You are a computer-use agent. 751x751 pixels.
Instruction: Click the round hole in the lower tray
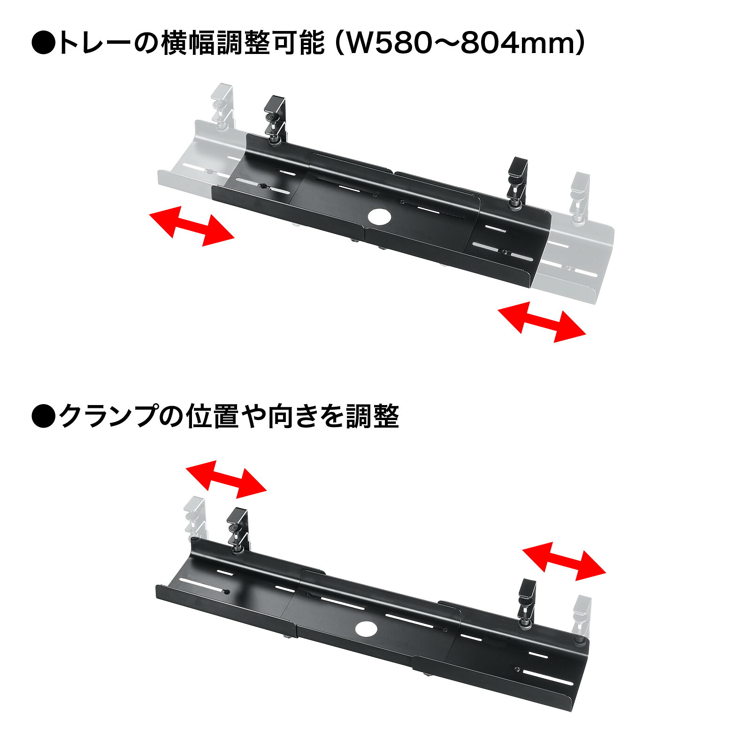[367, 628]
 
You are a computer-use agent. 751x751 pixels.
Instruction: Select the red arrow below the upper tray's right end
[542, 322]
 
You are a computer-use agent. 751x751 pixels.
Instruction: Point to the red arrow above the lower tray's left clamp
[226, 479]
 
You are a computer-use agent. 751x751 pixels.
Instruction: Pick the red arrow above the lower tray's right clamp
[564, 561]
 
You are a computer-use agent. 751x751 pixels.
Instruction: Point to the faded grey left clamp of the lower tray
[195, 519]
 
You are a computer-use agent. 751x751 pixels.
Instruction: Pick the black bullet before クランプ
[44, 416]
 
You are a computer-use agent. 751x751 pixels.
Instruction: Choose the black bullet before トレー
[44, 44]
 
